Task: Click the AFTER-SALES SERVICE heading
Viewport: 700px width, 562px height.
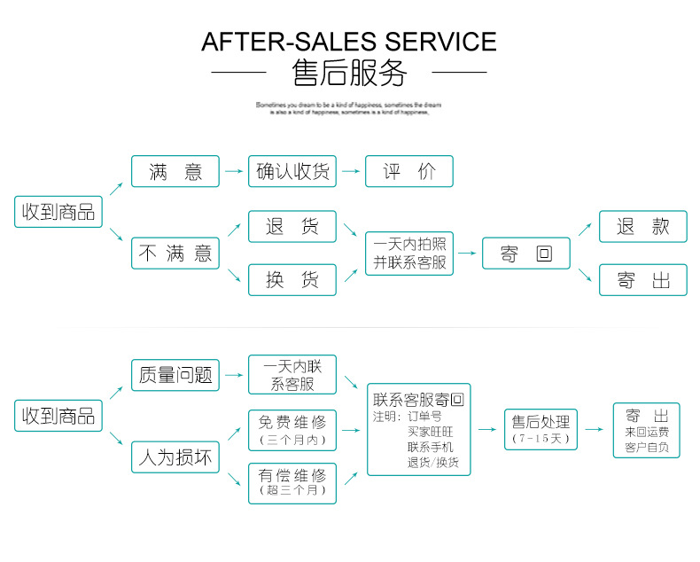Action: point(349,41)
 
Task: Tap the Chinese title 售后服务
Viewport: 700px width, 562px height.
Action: point(349,73)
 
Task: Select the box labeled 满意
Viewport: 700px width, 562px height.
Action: point(175,172)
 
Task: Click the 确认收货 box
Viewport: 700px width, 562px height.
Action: point(292,172)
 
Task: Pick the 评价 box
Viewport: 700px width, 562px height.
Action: point(409,172)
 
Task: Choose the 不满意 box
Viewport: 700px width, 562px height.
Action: point(175,254)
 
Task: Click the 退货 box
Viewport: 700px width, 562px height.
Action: point(292,227)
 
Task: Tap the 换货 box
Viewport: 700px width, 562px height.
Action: point(292,280)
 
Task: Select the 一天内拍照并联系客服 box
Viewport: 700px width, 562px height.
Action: point(409,254)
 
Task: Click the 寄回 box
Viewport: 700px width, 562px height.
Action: point(526,254)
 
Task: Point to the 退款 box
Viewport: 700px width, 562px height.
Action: point(643,227)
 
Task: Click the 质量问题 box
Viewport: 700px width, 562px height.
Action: point(175,375)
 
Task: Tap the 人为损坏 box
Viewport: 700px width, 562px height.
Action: point(175,457)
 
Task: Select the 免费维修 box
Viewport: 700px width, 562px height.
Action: point(292,430)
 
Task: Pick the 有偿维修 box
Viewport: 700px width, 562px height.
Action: point(292,483)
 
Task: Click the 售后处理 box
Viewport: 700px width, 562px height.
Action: point(540,429)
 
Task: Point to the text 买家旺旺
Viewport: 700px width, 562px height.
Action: point(430,432)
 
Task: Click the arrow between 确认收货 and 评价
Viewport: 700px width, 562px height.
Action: point(351,172)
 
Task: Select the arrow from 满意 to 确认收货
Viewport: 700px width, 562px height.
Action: point(234,172)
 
